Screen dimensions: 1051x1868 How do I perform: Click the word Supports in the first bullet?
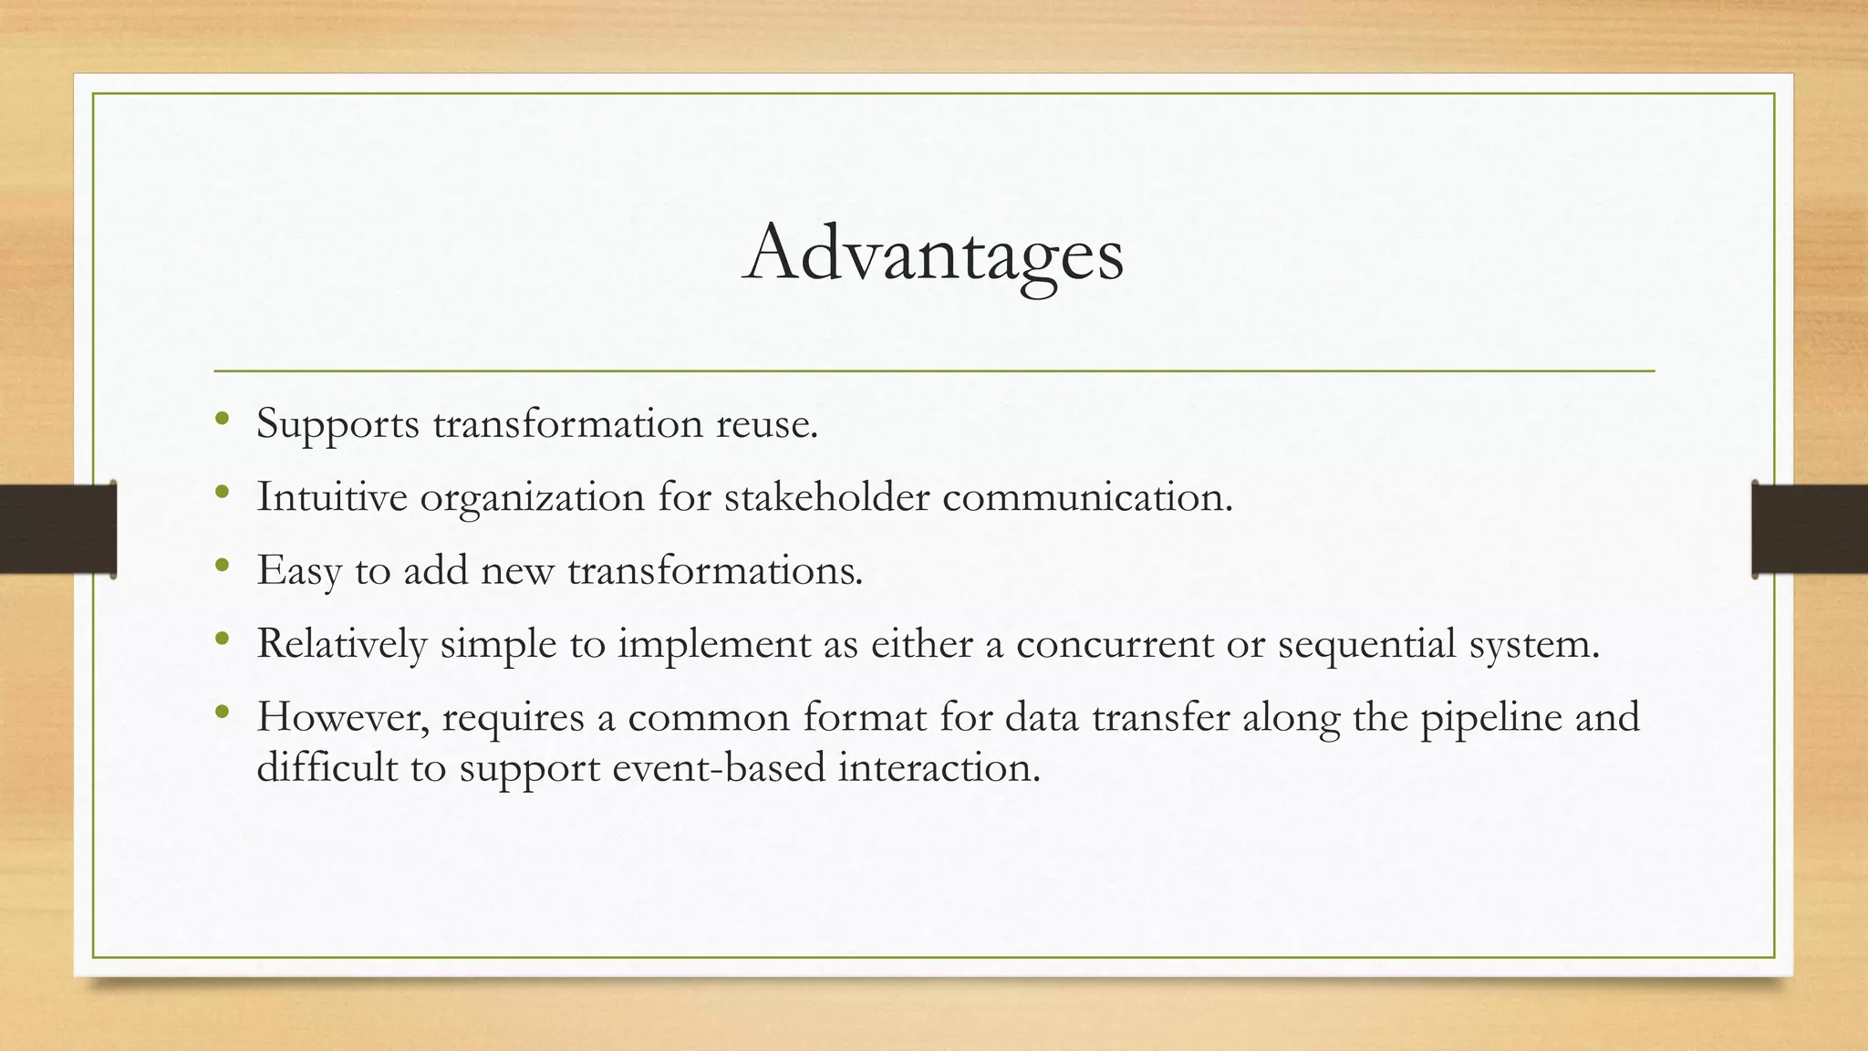[337, 424]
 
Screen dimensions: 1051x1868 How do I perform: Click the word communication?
[1086, 497]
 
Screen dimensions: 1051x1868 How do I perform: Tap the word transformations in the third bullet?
[714, 571]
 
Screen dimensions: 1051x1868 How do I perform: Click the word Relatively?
[341, 644]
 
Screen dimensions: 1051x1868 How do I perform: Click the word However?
[343, 717]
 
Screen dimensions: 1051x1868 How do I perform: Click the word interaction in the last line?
[939, 767]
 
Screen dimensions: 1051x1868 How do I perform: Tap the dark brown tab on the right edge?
[1810, 529]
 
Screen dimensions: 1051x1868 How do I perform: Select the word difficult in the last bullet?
[327, 767]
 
